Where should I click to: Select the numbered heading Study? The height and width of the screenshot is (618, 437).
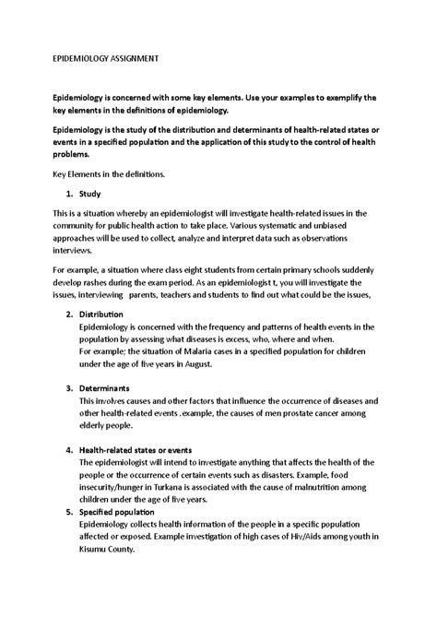tap(90, 194)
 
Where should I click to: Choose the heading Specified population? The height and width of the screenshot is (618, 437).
tap(116, 511)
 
